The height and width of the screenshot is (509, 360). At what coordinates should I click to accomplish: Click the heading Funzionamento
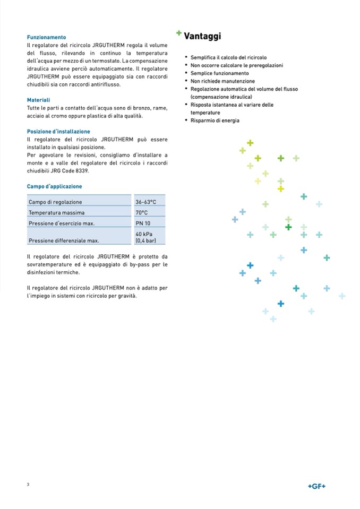pyautogui.click(x=47, y=38)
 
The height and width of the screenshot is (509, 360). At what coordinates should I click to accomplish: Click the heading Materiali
pyautogui.click(x=39, y=100)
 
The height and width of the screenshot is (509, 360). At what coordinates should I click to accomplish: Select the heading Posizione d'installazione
pyautogui.click(x=58, y=131)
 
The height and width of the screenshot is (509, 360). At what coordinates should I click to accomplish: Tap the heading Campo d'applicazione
pyautogui.click(x=54, y=186)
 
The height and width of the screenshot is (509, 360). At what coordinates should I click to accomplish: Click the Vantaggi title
pyautogui.click(x=202, y=37)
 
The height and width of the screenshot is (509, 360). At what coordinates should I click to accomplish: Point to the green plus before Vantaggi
pyautogui.click(x=179, y=33)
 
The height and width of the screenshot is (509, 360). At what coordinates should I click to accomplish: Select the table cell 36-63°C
pyautogui.click(x=145, y=202)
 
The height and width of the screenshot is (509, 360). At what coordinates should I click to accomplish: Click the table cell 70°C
pyautogui.click(x=141, y=213)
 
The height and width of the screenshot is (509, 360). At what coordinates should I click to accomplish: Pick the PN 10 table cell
pyautogui.click(x=143, y=223)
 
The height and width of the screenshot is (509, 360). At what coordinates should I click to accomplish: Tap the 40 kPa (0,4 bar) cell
pyautogui.click(x=145, y=237)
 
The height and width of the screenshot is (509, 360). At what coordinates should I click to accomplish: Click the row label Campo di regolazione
pyautogui.click(x=55, y=202)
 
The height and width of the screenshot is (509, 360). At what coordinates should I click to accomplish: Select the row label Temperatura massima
pyautogui.click(x=56, y=213)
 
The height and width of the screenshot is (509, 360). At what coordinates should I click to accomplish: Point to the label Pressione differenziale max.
pyautogui.click(x=64, y=240)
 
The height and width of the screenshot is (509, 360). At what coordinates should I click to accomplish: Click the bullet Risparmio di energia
pyautogui.click(x=215, y=120)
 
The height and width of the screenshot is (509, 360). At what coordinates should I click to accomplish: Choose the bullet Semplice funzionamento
pyautogui.click(x=219, y=73)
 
